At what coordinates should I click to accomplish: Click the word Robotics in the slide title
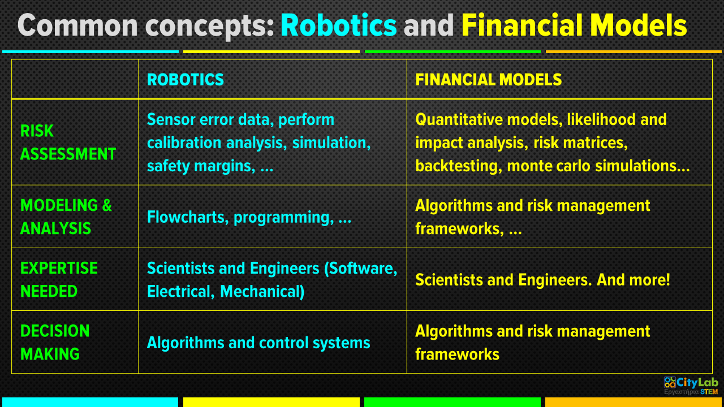[x=338, y=25]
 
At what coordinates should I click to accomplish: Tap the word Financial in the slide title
[x=522, y=25]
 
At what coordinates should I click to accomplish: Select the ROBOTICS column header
[x=185, y=80]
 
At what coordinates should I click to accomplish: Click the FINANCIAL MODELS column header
[x=488, y=80]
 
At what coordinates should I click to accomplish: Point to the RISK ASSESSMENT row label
[x=68, y=142]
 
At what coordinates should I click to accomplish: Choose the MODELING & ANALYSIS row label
[x=66, y=217]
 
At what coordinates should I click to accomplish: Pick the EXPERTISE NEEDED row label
[x=59, y=279]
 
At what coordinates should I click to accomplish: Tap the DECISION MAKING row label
[x=55, y=342]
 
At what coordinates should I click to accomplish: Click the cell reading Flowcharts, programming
[x=249, y=217]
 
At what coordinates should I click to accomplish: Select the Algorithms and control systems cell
[x=258, y=343]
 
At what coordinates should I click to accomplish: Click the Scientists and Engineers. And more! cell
[x=542, y=280]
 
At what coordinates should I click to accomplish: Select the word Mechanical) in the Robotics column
[x=262, y=291]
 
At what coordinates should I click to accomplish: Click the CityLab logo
[x=691, y=386]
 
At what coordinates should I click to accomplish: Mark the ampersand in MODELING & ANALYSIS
[x=107, y=205]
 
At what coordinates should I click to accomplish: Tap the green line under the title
[x=453, y=51]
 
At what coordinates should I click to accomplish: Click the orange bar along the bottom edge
[x=633, y=402]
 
